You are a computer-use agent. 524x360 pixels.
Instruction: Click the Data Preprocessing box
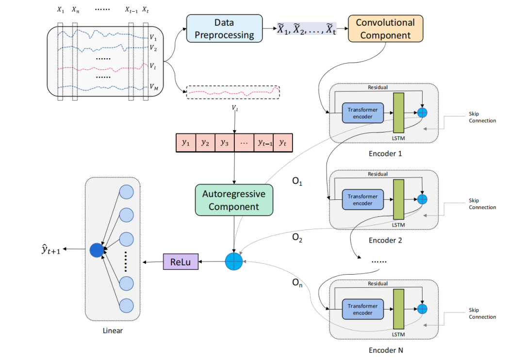(x=224, y=29)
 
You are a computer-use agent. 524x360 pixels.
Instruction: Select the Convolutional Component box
(x=385, y=29)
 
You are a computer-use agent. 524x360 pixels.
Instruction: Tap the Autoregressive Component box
(x=234, y=200)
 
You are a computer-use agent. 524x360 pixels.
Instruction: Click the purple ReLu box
(x=181, y=262)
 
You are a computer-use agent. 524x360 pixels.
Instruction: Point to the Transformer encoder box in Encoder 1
(x=362, y=113)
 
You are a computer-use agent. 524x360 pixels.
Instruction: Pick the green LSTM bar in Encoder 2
(x=398, y=199)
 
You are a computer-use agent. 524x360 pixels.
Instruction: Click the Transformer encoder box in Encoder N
(x=362, y=310)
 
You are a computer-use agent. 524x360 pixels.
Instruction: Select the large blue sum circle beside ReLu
(x=234, y=262)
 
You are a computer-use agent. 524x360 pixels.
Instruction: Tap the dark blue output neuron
(x=97, y=250)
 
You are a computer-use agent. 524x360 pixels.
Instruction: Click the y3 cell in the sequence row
(x=224, y=143)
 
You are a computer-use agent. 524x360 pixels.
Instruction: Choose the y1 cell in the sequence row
(x=185, y=143)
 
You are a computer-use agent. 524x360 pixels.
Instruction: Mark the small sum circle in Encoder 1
(x=422, y=113)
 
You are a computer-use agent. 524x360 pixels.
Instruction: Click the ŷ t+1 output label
(x=50, y=250)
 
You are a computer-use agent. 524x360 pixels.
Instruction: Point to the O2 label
(x=297, y=238)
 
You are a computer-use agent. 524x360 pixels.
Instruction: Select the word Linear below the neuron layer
(x=113, y=331)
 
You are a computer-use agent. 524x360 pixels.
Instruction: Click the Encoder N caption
(x=385, y=350)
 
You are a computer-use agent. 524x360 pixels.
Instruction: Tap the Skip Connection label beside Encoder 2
(x=482, y=204)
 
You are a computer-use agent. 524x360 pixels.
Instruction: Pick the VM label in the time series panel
(x=153, y=87)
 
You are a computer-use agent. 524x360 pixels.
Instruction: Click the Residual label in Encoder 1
(x=378, y=88)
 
